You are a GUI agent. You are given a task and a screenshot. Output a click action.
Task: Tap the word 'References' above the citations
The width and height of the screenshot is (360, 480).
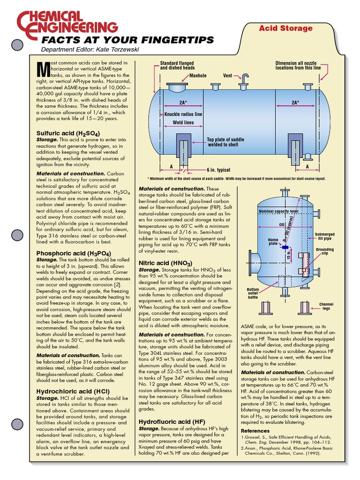(255, 431)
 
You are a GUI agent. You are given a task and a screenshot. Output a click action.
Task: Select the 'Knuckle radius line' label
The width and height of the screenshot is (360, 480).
(183, 114)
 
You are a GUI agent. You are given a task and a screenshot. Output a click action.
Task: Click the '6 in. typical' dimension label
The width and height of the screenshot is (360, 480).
(218, 170)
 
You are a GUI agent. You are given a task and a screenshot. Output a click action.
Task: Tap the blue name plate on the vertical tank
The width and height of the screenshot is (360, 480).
(285, 247)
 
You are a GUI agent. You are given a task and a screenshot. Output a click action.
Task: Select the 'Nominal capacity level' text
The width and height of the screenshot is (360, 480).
(278, 211)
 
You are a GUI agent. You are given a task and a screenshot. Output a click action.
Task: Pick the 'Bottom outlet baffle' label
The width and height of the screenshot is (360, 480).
(253, 293)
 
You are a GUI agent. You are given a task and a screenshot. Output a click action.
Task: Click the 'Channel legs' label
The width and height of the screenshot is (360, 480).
(326, 307)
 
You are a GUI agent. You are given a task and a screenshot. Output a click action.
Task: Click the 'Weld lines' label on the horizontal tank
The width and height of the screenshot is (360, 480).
(176, 122)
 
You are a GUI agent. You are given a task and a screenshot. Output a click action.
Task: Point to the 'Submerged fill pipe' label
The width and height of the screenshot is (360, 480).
(324, 236)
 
